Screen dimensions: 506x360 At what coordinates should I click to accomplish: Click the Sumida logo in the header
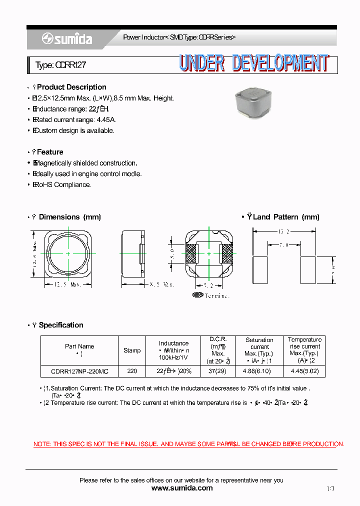67,39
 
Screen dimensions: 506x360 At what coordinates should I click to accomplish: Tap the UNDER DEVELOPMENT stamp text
253,63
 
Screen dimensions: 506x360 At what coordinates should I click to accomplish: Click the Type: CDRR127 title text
61,65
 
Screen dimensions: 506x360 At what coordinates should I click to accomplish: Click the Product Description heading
71,87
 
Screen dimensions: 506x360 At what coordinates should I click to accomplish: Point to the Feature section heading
50,152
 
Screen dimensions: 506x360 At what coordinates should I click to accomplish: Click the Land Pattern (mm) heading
285,217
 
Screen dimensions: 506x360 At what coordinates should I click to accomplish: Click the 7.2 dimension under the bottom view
208,285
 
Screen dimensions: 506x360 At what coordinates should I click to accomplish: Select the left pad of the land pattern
261,269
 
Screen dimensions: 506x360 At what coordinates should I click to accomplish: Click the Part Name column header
79,346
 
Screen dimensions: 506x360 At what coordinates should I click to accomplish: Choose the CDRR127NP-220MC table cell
79,371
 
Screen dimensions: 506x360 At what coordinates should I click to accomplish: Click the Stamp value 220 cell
132,371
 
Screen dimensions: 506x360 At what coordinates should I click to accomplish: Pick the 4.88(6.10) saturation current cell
259,371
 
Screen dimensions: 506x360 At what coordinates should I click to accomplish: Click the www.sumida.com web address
181,488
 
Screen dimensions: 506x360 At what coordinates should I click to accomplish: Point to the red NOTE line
188,444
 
